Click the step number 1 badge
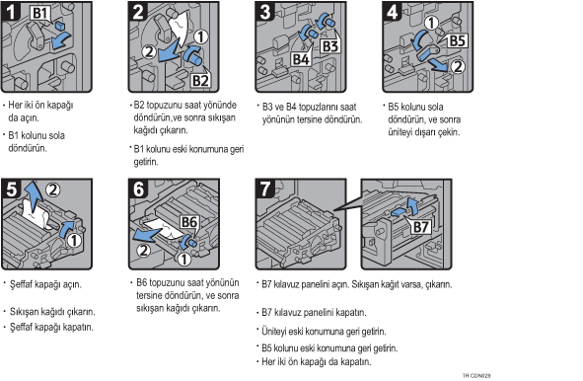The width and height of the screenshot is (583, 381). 11,11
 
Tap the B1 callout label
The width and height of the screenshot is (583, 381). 40,14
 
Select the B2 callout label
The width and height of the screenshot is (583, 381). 200,80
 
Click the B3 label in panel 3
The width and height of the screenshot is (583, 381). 330,46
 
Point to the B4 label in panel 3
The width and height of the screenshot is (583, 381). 301,59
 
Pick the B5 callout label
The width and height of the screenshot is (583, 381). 457,40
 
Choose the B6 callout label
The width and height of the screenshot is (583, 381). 189,222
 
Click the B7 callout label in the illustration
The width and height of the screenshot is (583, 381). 421,227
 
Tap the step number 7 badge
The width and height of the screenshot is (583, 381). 264,189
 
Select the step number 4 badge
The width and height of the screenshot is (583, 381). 393,11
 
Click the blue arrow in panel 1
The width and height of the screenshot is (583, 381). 60,40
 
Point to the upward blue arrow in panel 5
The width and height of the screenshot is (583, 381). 34,196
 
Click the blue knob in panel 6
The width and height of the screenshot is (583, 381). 188,242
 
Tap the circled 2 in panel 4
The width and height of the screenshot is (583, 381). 458,66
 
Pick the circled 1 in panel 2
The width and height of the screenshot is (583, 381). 201,37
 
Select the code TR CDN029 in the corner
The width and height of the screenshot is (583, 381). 476,375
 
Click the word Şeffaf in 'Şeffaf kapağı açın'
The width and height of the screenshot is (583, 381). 22,284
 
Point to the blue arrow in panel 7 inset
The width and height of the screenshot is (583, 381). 407,208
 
